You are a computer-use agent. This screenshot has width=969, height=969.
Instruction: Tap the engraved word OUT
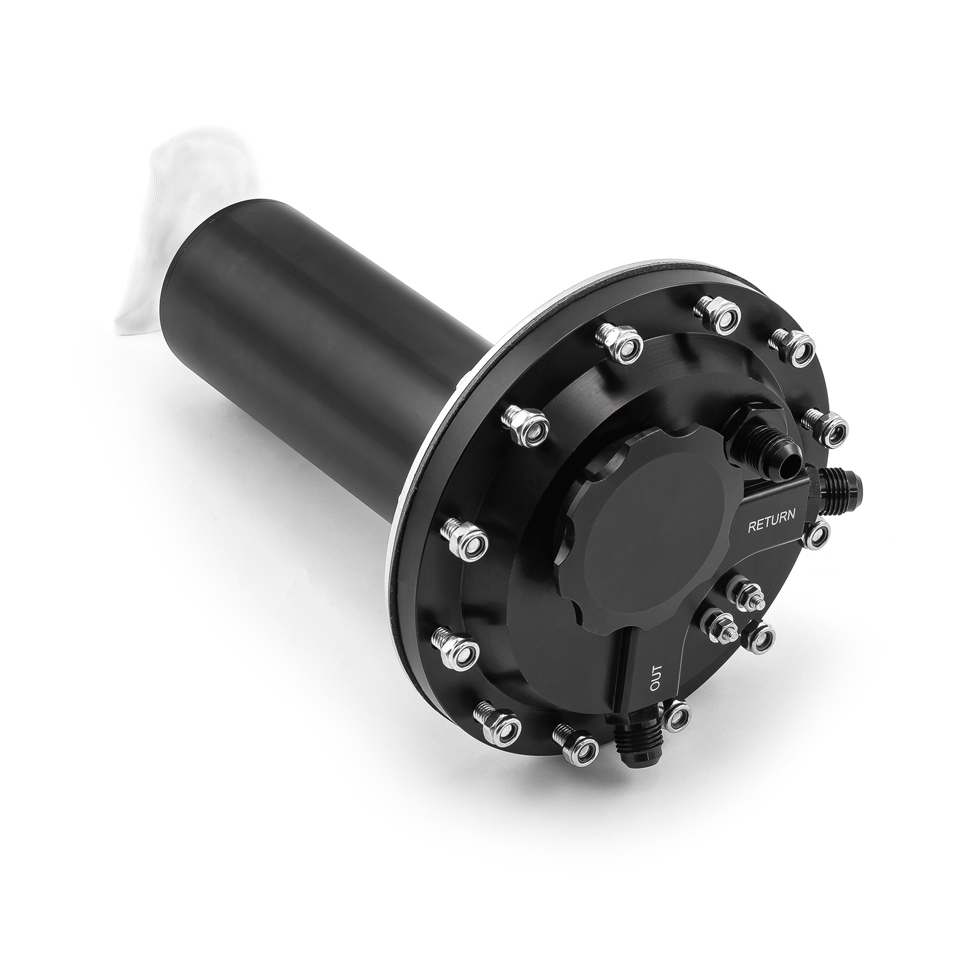click(x=659, y=678)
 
